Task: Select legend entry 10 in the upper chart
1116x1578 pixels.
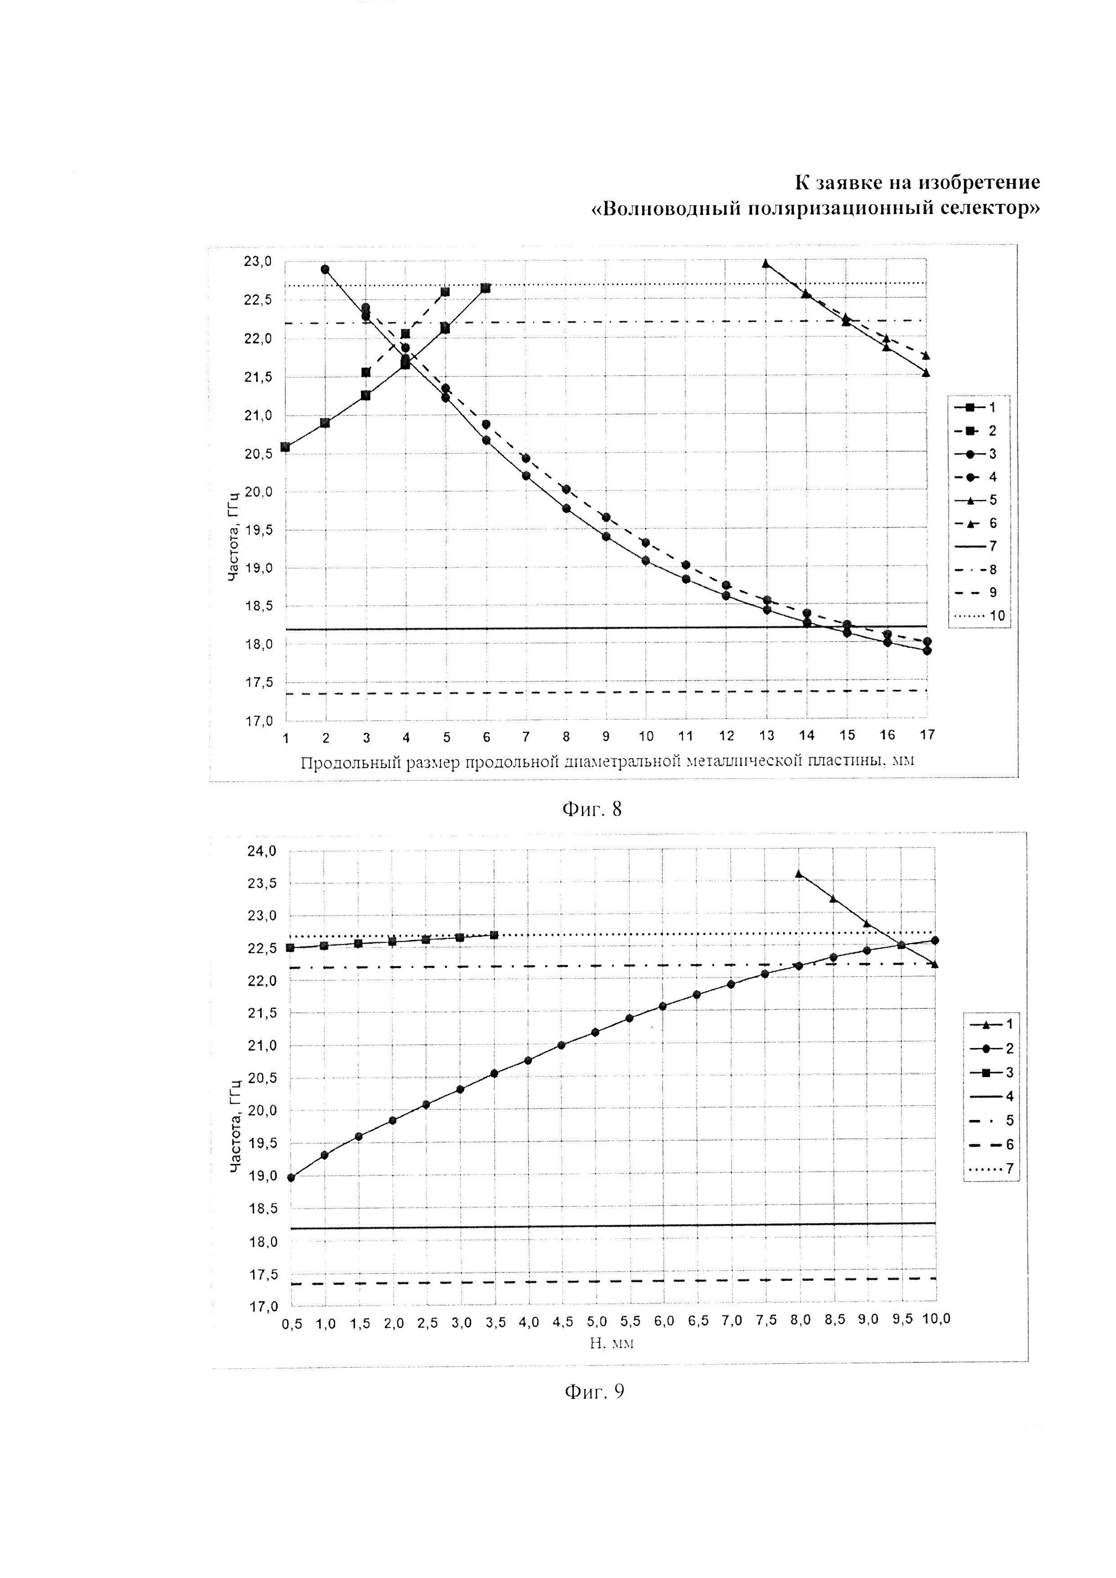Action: [x=979, y=616]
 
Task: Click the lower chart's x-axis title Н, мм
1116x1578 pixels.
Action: [x=612, y=1342]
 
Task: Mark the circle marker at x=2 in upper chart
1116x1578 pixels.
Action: [x=324, y=270]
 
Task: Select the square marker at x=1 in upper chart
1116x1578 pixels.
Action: [x=285, y=447]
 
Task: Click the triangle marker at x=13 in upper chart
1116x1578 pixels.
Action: [x=766, y=263]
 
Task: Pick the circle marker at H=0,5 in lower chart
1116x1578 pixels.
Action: [x=291, y=1178]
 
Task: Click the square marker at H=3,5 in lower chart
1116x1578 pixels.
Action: [x=494, y=935]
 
